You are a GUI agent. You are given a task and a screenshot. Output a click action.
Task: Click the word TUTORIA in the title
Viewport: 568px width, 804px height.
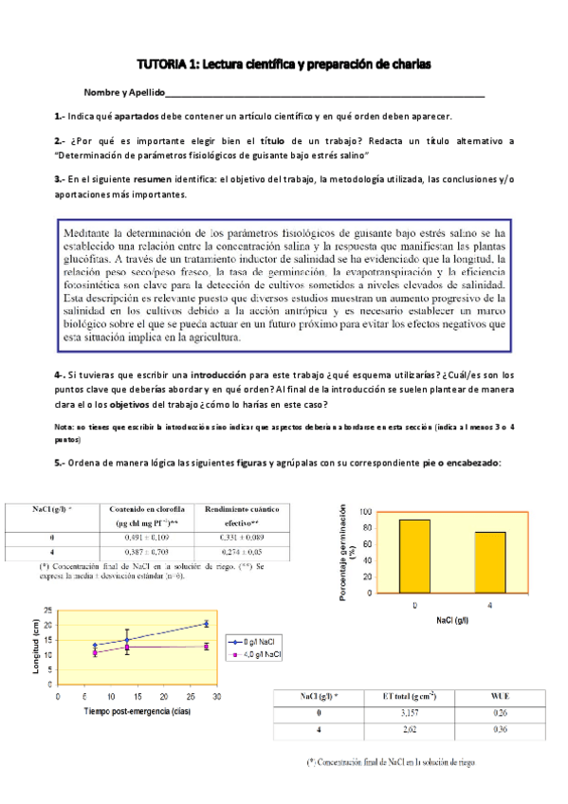(x=164, y=64)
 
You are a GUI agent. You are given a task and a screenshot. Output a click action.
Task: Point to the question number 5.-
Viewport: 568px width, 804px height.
(x=60, y=463)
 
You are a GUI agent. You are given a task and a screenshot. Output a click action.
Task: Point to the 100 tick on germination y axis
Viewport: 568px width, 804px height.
(x=368, y=513)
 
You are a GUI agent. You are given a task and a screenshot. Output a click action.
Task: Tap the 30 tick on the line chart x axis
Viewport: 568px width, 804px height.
(x=217, y=697)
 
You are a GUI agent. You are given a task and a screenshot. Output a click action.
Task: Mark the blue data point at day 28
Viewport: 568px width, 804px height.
(x=207, y=624)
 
